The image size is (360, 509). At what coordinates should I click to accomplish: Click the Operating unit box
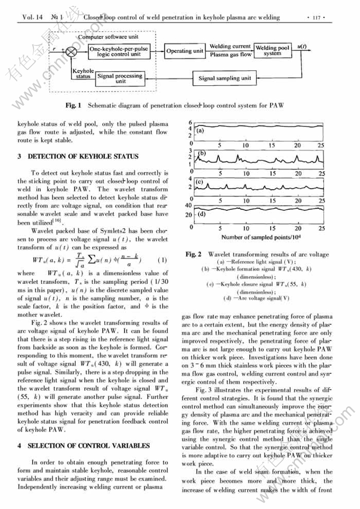tap(185, 51)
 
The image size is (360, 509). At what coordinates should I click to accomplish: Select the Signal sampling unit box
tap(224, 78)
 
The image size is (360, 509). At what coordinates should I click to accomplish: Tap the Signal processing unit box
tap(120, 78)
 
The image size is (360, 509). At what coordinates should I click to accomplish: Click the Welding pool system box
tap(272, 51)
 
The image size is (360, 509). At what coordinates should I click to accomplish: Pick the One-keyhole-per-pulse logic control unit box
tap(122, 51)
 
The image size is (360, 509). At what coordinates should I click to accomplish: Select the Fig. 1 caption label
tap(73, 105)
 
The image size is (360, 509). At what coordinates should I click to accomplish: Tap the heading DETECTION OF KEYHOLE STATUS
tap(82, 156)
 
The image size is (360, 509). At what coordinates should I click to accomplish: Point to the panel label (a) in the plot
tap(201, 130)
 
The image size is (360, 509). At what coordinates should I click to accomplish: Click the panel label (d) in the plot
tap(201, 215)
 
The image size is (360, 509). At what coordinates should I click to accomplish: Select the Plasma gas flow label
tap(231, 55)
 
